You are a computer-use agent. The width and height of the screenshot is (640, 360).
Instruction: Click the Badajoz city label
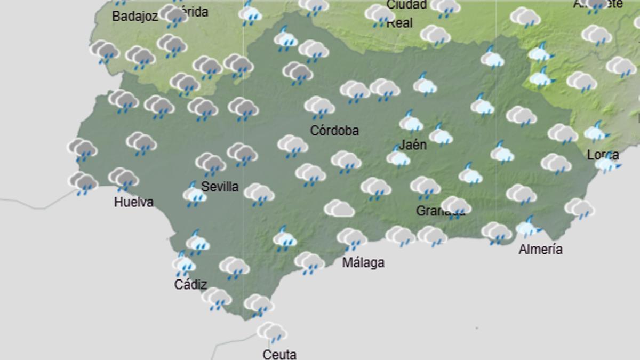(x=135, y=17)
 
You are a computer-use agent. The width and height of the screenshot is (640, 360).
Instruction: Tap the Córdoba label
(x=335, y=131)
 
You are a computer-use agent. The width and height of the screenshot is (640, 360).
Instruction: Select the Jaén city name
(x=413, y=145)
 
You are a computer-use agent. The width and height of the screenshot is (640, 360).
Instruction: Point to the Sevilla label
(x=220, y=187)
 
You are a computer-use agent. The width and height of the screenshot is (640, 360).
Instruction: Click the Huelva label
(x=134, y=202)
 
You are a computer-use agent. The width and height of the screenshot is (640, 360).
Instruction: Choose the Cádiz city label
(x=190, y=285)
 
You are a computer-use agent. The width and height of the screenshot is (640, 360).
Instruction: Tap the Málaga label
(x=363, y=262)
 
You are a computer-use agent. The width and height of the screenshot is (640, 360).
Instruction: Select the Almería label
(x=540, y=249)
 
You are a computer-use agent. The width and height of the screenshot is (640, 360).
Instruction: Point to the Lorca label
(x=603, y=155)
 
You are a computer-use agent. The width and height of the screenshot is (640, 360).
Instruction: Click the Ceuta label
(x=279, y=354)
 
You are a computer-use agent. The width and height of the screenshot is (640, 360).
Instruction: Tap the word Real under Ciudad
(x=399, y=23)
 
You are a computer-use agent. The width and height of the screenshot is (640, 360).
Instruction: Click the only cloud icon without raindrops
(x=339, y=208)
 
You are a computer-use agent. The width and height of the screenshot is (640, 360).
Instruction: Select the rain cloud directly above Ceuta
(x=272, y=332)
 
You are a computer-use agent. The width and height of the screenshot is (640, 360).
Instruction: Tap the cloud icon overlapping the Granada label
(x=456, y=207)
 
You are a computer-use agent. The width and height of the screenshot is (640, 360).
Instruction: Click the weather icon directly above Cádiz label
(x=183, y=263)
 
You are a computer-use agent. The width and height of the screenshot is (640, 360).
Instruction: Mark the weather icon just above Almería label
(x=527, y=228)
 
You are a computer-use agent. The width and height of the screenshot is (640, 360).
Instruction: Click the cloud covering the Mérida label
(x=173, y=14)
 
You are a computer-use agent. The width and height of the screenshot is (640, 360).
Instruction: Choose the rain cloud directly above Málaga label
(x=351, y=238)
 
